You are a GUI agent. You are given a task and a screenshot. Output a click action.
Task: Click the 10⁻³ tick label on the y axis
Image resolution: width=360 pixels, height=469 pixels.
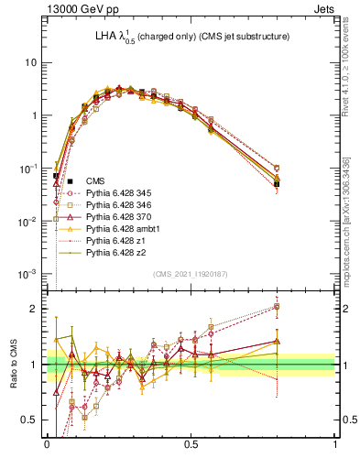tap(29, 275)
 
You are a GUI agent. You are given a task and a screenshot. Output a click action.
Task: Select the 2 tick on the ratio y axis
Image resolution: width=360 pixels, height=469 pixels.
tap(36, 309)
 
